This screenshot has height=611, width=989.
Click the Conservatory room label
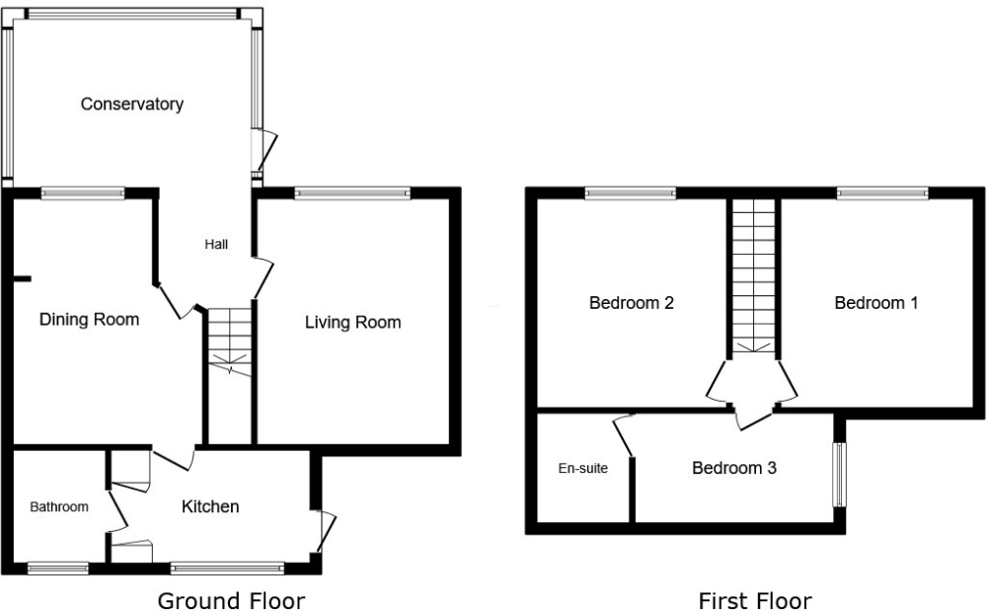click(132, 104)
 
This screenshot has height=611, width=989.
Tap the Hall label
click(216, 244)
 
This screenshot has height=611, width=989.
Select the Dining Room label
click(89, 320)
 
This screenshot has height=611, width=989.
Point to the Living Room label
click(352, 322)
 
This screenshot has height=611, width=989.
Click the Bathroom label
click(59, 507)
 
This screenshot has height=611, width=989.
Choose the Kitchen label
click(210, 506)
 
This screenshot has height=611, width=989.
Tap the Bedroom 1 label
click(875, 303)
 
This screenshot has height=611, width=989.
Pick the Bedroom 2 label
click(631, 303)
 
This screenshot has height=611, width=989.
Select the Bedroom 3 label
click(733, 468)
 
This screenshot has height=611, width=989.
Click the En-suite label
click(583, 468)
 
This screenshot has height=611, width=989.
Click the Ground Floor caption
click(231, 600)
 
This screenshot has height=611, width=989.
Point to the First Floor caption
click(754, 600)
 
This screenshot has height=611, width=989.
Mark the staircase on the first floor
click(754, 275)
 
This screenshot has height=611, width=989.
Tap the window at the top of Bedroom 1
click(881, 193)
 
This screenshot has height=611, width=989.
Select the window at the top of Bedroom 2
click(630, 193)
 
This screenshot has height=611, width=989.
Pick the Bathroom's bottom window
click(56, 568)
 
